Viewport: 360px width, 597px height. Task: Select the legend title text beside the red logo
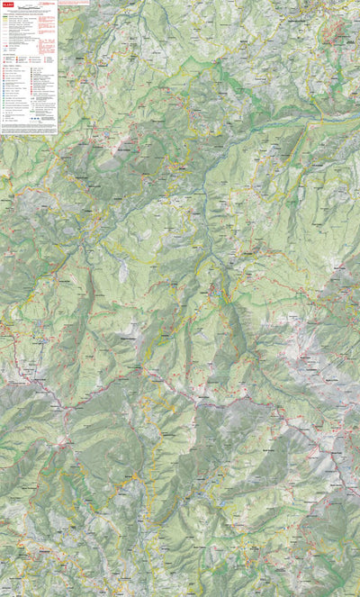27,5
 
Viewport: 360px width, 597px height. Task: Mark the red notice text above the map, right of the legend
76,3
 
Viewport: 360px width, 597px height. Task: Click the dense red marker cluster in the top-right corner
337,32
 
